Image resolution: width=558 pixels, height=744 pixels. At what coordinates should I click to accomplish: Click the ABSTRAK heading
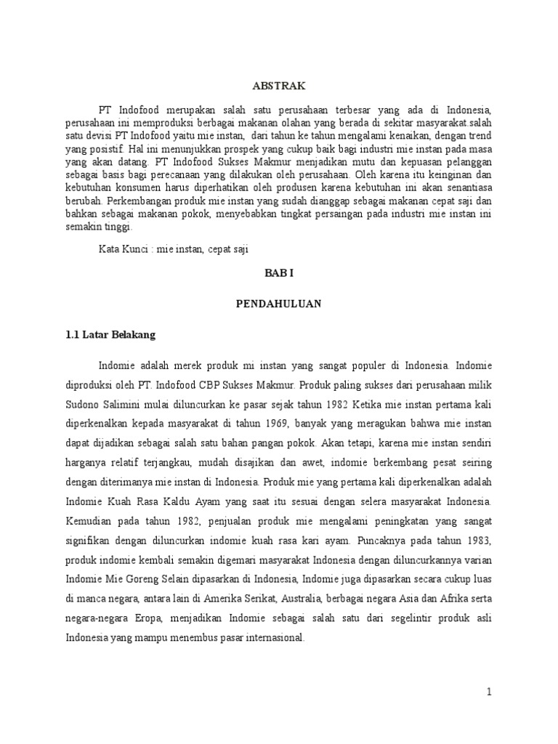point(278,85)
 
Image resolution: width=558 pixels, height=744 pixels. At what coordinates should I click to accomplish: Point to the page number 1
point(490,692)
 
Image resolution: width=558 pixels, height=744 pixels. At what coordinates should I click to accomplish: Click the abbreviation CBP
point(234,381)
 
